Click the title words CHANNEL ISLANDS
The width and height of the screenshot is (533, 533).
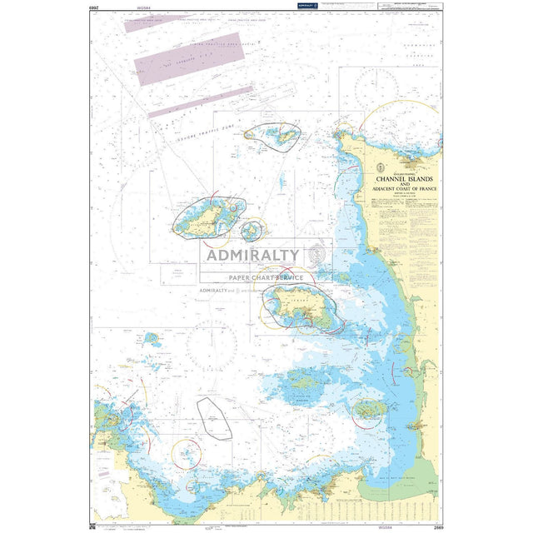pyautogui.click(x=406, y=178)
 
